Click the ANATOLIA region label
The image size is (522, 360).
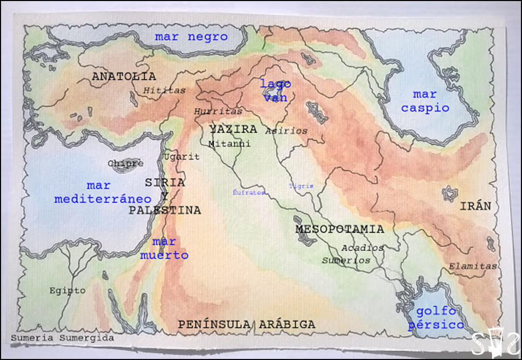(x=124, y=76)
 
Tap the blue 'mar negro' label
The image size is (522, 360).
(x=191, y=37)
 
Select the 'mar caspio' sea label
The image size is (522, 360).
(x=425, y=101)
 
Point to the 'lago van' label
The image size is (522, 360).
(x=276, y=91)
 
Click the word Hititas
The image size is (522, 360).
(x=164, y=91)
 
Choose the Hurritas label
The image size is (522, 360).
(x=218, y=111)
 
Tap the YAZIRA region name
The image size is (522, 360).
(x=233, y=129)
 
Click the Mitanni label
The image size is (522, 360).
(x=229, y=144)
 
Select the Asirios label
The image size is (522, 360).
(x=286, y=131)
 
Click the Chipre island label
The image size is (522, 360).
(x=126, y=163)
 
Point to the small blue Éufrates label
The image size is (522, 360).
(x=249, y=192)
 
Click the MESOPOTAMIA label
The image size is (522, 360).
(x=340, y=229)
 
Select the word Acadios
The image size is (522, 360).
(x=362, y=248)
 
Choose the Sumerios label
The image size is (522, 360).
(x=346, y=260)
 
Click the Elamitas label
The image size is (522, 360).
(x=473, y=266)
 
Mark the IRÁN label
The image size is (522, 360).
(x=475, y=206)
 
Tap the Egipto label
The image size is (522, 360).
(x=68, y=290)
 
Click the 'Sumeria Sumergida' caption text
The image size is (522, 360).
(x=62, y=338)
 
